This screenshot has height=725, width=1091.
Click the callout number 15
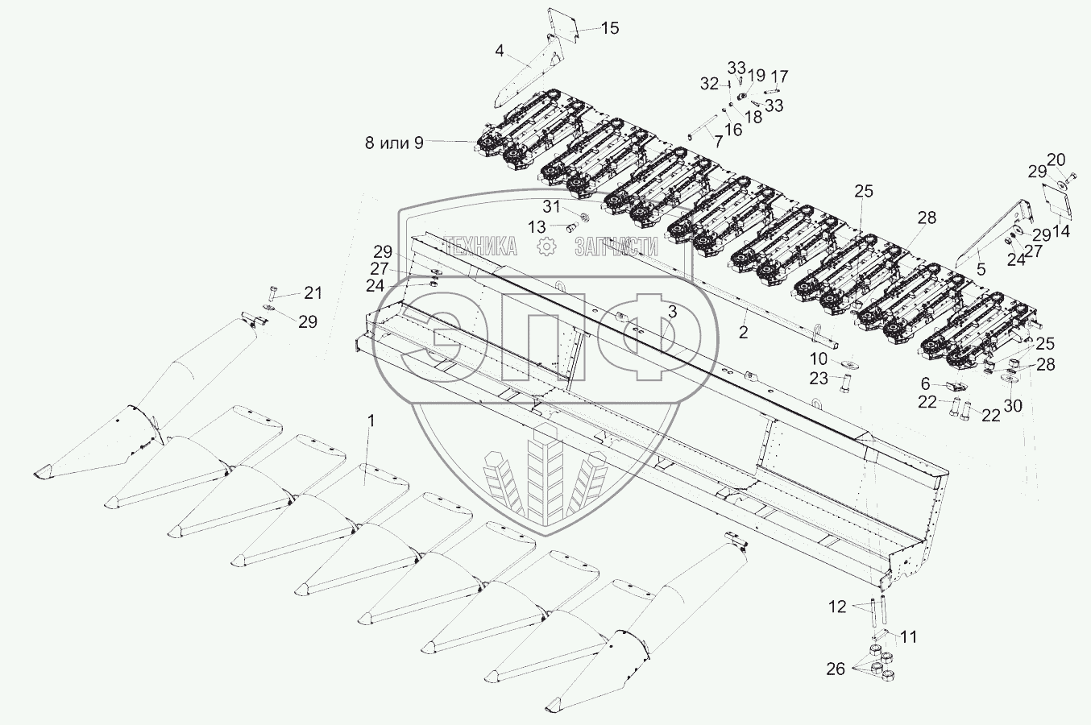click(610, 28)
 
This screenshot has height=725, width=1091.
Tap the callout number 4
click(500, 51)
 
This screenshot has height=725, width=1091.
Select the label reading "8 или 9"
click(394, 143)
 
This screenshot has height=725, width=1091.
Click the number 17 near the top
click(779, 77)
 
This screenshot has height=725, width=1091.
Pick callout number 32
click(708, 84)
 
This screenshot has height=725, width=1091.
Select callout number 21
click(313, 292)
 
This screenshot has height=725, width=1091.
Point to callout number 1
click(371, 420)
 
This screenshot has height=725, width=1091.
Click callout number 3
click(671, 311)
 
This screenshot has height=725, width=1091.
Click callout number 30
click(1012, 405)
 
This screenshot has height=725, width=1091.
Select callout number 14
click(1060, 231)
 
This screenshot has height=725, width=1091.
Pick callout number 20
click(1056, 159)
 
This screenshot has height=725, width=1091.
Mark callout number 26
click(836, 669)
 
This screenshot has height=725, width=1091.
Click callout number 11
click(908, 637)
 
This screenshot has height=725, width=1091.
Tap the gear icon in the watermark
click(548, 247)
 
